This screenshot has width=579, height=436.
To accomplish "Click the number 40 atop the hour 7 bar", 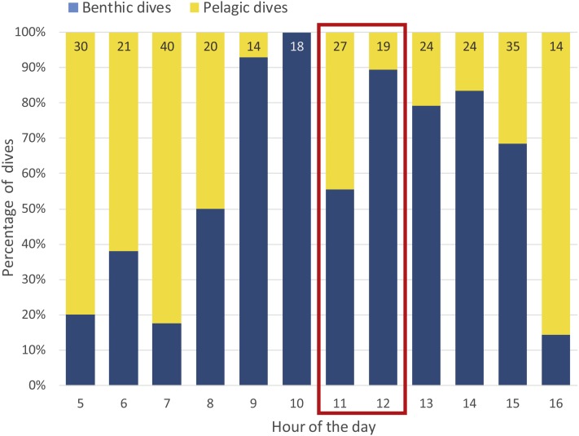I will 167,46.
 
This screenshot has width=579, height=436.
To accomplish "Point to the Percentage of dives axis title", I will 10,208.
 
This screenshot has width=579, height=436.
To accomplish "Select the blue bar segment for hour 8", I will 210,297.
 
